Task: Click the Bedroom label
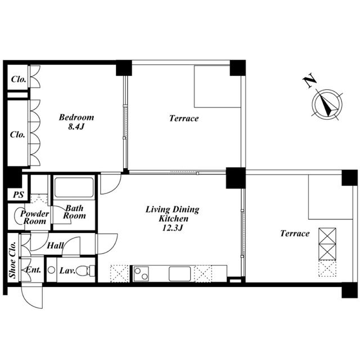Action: point(76,118)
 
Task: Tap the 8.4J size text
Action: point(76,127)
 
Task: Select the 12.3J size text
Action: point(173,228)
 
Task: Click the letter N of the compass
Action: point(309,80)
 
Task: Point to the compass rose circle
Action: point(327,104)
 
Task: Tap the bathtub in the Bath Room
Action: point(74,187)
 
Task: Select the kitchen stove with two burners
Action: point(141,273)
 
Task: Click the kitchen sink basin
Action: point(180,274)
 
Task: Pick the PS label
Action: point(19,195)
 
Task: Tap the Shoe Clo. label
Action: point(13,259)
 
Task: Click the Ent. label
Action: point(33,269)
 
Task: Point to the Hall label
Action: point(55,246)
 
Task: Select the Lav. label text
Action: point(67,271)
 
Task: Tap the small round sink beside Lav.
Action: point(51,270)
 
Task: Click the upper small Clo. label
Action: point(19,79)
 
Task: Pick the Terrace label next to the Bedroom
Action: point(184,118)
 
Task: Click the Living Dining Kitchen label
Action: point(173,214)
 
